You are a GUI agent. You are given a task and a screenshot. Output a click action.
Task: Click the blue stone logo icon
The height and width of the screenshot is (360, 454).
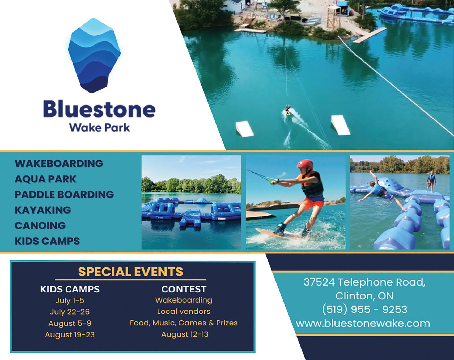pyautogui.click(x=94, y=55)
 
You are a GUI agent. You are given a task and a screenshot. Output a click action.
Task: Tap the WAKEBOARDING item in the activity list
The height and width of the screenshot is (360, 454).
pyautogui.click(x=59, y=163)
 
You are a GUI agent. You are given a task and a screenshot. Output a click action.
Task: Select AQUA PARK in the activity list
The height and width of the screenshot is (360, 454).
pyautogui.click(x=45, y=179)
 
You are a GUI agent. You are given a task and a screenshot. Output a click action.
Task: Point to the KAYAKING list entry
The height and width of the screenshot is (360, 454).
pyautogui.click(x=43, y=210)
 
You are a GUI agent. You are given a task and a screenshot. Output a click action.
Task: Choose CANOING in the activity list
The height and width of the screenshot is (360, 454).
pyautogui.click(x=40, y=225)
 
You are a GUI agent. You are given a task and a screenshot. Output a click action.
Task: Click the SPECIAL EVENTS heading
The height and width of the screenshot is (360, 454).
pyautogui.click(x=131, y=272)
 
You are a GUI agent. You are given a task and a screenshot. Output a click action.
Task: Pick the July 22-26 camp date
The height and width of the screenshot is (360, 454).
pyautogui.click(x=70, y=312)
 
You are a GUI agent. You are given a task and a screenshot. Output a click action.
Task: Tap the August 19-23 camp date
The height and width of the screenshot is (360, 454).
pyautogui.click(x=70, y=334)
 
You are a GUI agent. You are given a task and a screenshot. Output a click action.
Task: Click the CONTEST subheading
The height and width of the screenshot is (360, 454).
pyautogui.click(x=184, y=289)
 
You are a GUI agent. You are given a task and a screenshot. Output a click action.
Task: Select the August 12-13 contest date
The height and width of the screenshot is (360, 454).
pyautogui.click(x=185, y=334)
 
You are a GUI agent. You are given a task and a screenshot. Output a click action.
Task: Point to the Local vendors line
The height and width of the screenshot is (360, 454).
pyautogui.click(x=184, y=311)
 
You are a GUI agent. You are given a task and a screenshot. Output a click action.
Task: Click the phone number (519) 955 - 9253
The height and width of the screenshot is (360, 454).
pyautogui.click(x=364, y=309)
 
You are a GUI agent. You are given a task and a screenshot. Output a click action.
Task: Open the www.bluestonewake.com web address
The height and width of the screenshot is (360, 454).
pyautogui.click(x=363, y=323)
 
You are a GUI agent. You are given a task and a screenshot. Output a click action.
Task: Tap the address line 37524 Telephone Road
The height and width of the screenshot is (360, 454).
pyautogui.click(x=364, y=282)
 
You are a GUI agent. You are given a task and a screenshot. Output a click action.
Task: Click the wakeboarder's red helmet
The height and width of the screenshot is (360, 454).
pyautogui.click(x=304, y=164)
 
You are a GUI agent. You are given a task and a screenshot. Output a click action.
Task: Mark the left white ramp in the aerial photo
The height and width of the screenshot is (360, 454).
pyautogui.click(x=245, y=129)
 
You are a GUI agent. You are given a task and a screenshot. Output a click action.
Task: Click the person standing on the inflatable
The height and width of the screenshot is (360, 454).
pyautogui.click(x=431, y=182)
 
